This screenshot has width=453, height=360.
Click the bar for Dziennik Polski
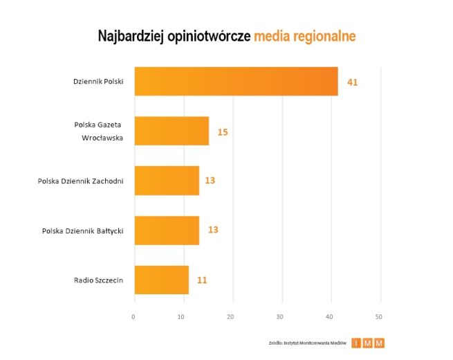(x=236, y=81)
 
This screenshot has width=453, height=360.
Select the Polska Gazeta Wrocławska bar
(x=172, y=131)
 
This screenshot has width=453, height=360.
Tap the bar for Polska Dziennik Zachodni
(x=167, y=181)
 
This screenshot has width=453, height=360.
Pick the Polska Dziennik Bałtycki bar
(x=167, y=230)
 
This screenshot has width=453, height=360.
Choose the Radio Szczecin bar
(x=161, y=280)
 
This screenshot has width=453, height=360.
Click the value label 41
(x=352, y=82)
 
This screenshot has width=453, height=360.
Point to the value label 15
(x=223, y=132)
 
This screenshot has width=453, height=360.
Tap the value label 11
(x=201, y=280)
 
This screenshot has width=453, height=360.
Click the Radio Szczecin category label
(x=98, y=280)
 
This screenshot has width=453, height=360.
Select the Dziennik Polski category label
(x=98, y=82)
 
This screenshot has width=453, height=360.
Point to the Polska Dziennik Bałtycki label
(x=82, y=231)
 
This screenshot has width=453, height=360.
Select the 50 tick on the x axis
(x=379, y=316)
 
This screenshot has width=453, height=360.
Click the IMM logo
(x=368, y=343)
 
